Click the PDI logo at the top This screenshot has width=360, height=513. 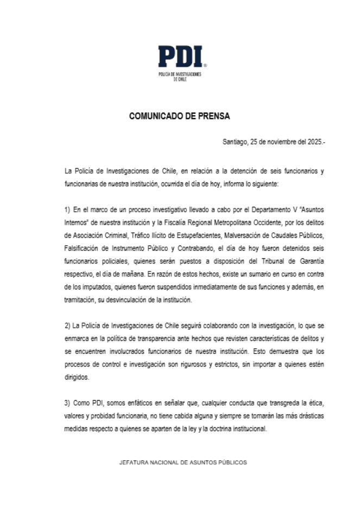click(x=180, y=57)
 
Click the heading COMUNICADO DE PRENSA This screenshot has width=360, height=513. click(x=180, y=116)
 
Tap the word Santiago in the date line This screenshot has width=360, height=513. click(x=235, y=142)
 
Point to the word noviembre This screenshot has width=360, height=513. click(x=275, y=142)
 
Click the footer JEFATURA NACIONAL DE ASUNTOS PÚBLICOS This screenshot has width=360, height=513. click(x=183, y=463)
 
